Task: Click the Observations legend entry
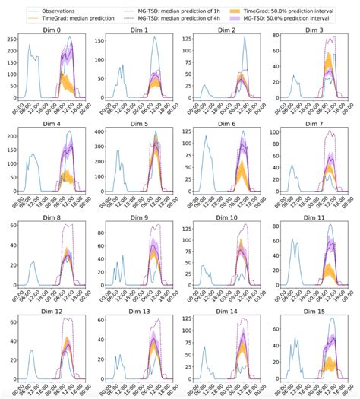pos(61,7)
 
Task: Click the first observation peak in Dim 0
pos(30,45)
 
